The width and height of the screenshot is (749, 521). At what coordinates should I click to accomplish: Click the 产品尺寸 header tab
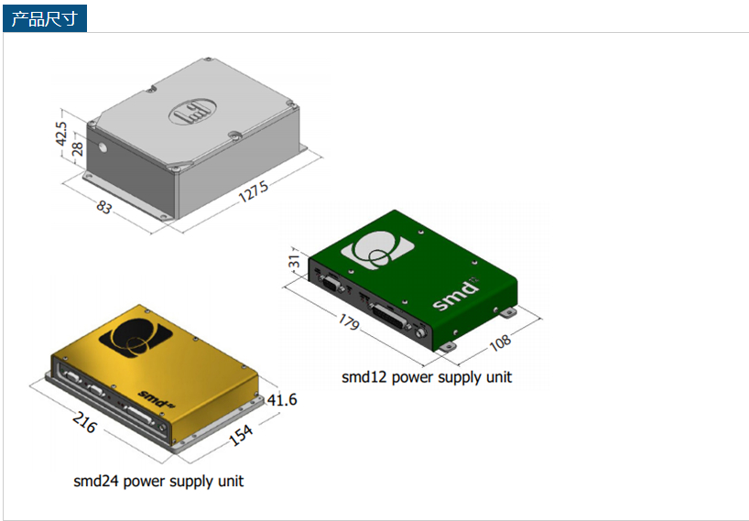(45, 18)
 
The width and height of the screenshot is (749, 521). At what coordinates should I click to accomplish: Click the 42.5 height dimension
(61, 134)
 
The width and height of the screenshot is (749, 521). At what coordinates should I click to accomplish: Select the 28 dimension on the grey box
(78, 148)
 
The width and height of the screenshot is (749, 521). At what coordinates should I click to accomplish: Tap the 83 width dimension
(104, 207)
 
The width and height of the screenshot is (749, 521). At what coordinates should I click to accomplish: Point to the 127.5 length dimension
(253, 191)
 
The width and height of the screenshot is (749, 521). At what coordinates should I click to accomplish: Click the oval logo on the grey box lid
(192, 112)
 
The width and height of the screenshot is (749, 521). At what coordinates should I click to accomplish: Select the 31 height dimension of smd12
(295, 261)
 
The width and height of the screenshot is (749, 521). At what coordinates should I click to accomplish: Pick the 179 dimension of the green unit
(349, 322)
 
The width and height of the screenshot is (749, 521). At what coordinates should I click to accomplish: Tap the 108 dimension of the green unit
(500, 342)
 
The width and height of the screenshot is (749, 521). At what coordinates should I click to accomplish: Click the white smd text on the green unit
(456, 296)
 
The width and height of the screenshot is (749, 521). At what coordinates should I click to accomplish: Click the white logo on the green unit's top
(377, 250)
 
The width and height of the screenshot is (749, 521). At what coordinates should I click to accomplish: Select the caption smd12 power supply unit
(427, 377)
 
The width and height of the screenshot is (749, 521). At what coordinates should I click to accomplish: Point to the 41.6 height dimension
(282, 399)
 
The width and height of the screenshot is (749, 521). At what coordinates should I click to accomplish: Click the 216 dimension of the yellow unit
(85, 423)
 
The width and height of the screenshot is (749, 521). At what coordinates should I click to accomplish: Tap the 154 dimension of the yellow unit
(241, 435)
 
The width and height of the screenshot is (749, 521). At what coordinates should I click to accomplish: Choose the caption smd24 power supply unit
(158, 481)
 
